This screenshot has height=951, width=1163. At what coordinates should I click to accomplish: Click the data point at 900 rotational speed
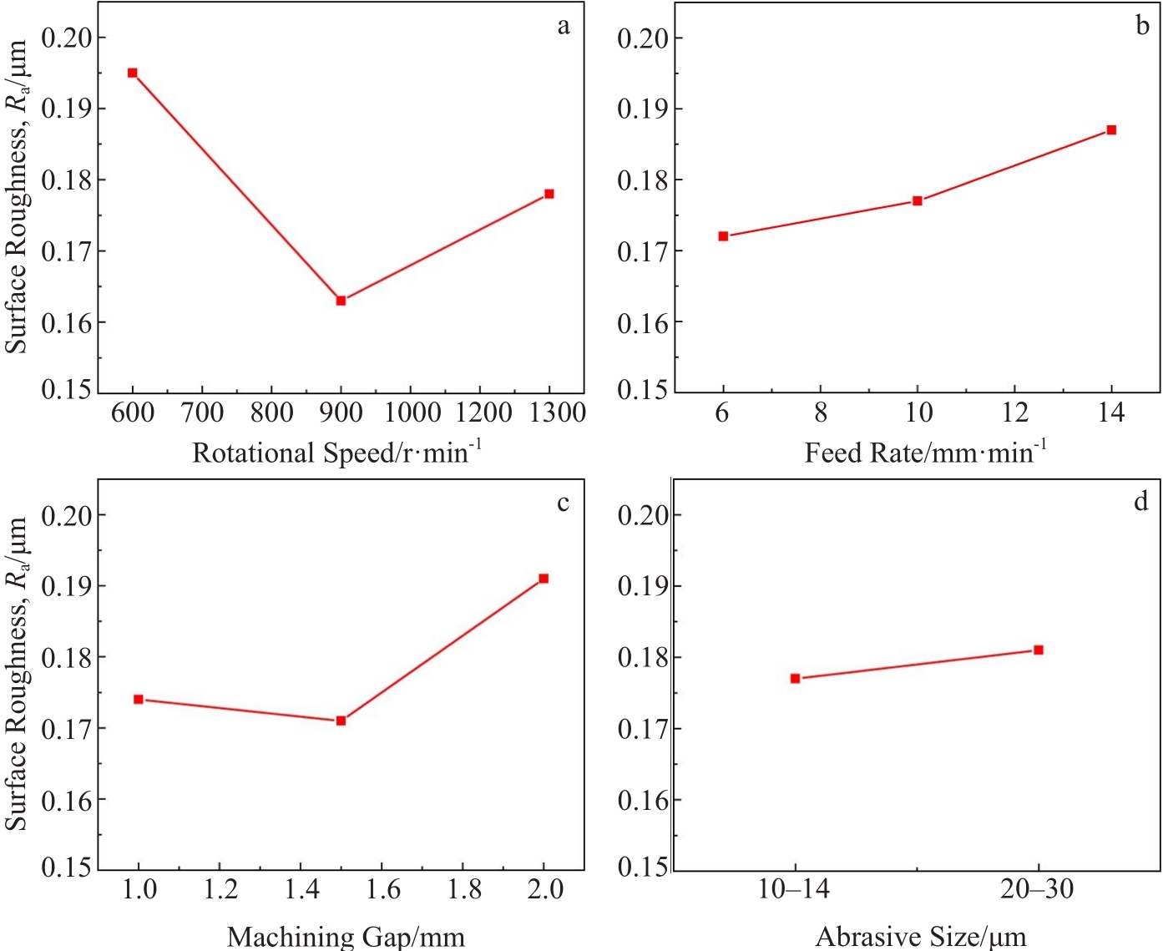pyautogui.click(x=341, y=301)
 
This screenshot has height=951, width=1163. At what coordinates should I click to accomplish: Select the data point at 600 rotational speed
pyautogui.click(x=132, y=73)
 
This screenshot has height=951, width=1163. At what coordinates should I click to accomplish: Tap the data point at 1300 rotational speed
pyautogui.click(x=549, y=194)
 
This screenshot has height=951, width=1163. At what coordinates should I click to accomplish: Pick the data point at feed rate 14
pyautogui.click(x=1111, y=130)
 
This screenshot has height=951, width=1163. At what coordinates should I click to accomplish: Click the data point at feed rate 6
pyautogui.click(x=723, y=236)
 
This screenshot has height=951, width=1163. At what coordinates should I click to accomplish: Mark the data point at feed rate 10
pyautogui.click(x=918, y=200)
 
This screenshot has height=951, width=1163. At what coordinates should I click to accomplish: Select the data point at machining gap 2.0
pyautogui.click(x=544, y=579)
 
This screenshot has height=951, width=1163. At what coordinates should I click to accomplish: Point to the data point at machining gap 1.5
pyautogui.click(x=341, y=721)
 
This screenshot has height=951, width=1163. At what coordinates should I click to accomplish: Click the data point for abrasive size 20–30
pyautogui.click(x=1039, y=650)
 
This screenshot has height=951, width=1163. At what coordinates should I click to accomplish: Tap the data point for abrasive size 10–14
pyautogui.click(x=795, y=679)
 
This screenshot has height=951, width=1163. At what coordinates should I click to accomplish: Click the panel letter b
pyautogui.click(x=1142, y=26)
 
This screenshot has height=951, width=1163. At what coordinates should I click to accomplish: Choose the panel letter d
pyautogui.click(x=1141, y=502)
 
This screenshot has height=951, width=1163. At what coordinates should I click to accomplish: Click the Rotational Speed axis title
pyautogui.click(x=336, y=453)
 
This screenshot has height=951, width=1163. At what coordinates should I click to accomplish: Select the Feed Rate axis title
pyautogui.click(x=925, y=453)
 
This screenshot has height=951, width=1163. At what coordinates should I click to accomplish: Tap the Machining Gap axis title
pyautogui.click(x=346, y=937)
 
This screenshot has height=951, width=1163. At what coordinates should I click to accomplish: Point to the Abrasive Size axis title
pyautogui.click(x=921, y=937)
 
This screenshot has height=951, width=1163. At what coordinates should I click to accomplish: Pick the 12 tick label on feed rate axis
pyautogui.click(x=1014, y=412)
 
